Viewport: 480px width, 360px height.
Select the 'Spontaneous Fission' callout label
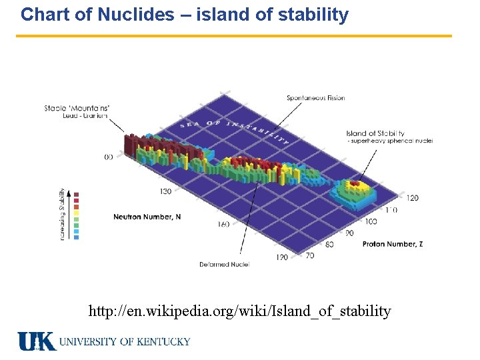[315, 98]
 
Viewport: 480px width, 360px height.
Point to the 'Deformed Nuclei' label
[224, 265]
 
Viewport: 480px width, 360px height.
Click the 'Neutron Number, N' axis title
[146, 217]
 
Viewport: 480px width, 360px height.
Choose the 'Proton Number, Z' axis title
[393, 245]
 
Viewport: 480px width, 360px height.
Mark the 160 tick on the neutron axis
[223, 224]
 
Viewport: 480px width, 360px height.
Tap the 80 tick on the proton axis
[329, 245]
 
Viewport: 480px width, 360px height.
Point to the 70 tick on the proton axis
[310, 255]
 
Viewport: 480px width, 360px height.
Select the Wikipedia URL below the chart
[240, 311]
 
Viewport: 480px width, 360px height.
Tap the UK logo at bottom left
[37, 341]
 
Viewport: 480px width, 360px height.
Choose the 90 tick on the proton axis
[349, 233]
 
